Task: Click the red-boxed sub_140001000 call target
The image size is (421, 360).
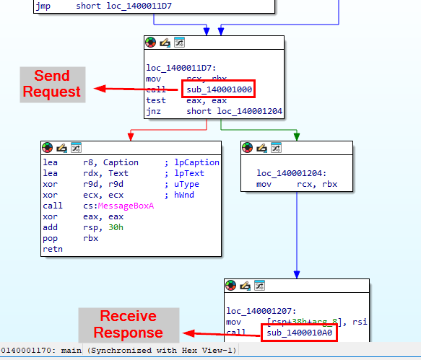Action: click(219, 89)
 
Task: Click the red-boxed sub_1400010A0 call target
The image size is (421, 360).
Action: click(300, 333)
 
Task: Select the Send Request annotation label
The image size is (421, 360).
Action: click(53, 84)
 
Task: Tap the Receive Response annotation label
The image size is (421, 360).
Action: click(129, 325)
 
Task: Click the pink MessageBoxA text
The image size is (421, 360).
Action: click(126, 206)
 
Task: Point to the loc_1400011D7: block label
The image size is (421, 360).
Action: click(181, 68)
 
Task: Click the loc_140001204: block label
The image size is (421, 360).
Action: click(291, 173)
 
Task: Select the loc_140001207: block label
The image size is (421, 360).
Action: click(261, 311)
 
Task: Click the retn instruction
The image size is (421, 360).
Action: click(53, 249)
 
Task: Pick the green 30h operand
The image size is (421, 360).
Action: click(116, 227)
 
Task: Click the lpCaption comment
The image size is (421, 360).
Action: click(196, 162)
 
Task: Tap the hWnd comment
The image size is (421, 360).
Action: click(184, 195)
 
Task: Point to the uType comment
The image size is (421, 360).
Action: click(186, 184)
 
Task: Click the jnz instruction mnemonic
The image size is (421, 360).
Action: click(153, 111)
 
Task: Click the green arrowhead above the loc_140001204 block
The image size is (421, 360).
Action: click(297, 136)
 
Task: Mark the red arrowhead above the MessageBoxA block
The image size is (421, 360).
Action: click(131, 136)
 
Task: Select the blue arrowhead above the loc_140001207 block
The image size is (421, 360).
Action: click(297, 274)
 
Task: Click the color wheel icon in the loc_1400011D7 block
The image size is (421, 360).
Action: click(151, 43)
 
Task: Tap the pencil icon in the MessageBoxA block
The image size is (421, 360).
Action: click(62, 148)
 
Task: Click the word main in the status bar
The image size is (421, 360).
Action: click(71, 351)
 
